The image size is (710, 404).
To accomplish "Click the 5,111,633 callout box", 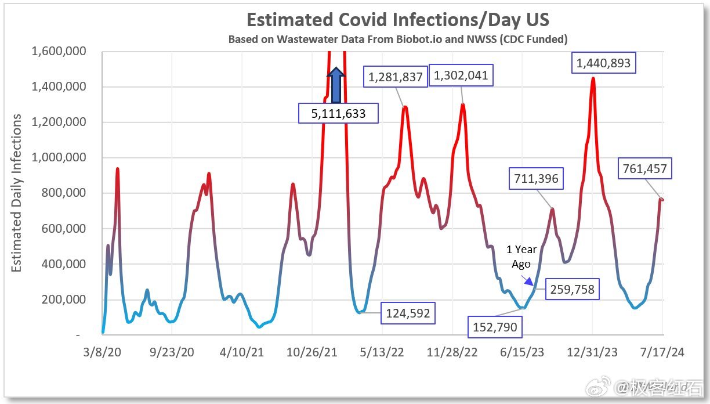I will point(338,113).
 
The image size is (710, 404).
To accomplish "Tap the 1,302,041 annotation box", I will point(461,75).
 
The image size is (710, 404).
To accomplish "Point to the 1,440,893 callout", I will point(603,63).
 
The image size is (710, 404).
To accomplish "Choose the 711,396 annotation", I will point(536,178).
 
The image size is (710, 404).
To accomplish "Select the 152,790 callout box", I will point(495,327).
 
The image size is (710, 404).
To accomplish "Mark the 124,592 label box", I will point(407,313).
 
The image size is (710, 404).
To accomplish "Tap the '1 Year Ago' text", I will point(521,257).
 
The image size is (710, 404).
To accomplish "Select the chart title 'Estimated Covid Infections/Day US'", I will point(398,20).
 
